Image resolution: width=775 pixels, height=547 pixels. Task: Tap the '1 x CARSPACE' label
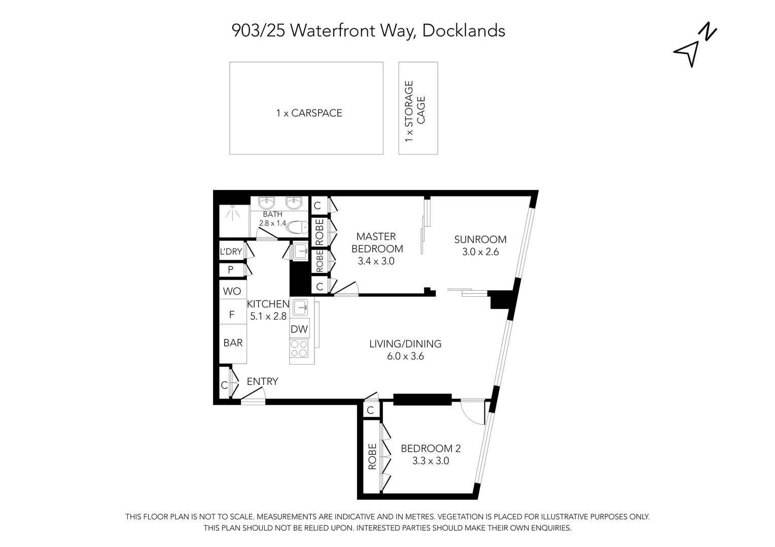[309, 113]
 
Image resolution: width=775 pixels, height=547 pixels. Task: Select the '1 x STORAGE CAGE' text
[415, 110]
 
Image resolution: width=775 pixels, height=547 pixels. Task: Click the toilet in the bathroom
[297, 227]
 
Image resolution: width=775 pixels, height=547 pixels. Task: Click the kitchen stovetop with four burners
[299, 348]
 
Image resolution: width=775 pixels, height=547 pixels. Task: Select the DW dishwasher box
[299, 329]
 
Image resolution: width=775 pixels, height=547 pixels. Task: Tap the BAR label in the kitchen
[233, 343]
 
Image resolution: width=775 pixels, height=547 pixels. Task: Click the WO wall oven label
[232, 291]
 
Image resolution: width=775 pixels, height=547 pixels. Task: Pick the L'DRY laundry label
[230, 252]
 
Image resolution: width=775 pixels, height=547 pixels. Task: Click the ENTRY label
[262, 382]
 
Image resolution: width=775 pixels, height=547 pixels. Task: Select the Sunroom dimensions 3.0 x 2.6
[480, 252]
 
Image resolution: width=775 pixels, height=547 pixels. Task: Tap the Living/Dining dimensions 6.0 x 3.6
[405, 356]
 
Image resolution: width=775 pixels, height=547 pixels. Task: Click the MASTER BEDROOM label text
[376, 243]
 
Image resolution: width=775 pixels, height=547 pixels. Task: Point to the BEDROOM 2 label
[431, 448]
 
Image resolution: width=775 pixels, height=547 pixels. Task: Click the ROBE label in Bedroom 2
[372, 456]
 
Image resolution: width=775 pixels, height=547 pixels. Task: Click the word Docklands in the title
[464, 31]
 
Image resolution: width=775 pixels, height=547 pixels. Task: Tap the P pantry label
[231, 270]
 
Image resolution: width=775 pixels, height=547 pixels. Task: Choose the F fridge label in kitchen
[232, 315]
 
